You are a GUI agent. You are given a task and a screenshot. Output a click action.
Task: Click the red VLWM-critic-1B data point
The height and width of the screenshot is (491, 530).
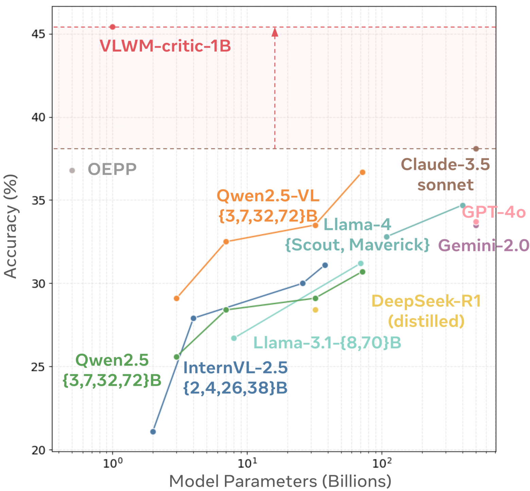pyautogui.click(x=112, y=27)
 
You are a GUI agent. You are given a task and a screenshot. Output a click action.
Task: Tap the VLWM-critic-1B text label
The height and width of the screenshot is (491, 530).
pyautogui.click(x=165, y=46)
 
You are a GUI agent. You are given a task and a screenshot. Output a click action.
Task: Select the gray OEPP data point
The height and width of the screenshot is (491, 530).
pyautogui.click(x=72, y=170)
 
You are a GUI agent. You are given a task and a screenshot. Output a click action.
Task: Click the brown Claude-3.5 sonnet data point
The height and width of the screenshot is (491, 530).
pyautogui.click(x=476, y=149)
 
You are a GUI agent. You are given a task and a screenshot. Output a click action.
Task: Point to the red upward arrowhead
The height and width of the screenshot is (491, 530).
pyautogui.click(x=275, y=32)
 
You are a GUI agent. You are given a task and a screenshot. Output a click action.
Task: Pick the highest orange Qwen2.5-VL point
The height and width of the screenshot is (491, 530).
pyautogui.click(x=363, y=172)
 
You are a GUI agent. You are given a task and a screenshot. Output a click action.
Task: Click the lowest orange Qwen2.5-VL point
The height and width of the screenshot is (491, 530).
pyautogui.click(x=176, y=298)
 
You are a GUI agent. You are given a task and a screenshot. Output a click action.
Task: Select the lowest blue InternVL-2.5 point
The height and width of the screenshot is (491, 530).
pyautogui.click(x=153, y=432)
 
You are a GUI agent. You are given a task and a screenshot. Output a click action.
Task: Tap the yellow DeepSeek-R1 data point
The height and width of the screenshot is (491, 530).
pyautogui.click(x=315, y=310)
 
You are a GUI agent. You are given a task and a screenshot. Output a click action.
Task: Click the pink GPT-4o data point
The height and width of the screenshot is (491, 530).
pyautogui.click(x=476, y=222)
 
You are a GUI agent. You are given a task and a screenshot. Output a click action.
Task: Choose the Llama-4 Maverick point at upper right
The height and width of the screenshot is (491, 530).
pyautogui.click(x=462, y=205)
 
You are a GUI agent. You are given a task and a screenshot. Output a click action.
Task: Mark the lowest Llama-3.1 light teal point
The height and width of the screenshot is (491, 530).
pyautogui.click(x=234, y=338)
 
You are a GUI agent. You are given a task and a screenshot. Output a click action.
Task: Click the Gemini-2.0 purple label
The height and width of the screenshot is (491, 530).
pyautogui.click(x=483, y=245)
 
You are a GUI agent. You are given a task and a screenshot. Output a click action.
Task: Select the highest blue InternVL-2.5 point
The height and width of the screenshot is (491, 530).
pyautogui.click(x=325, y=265)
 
